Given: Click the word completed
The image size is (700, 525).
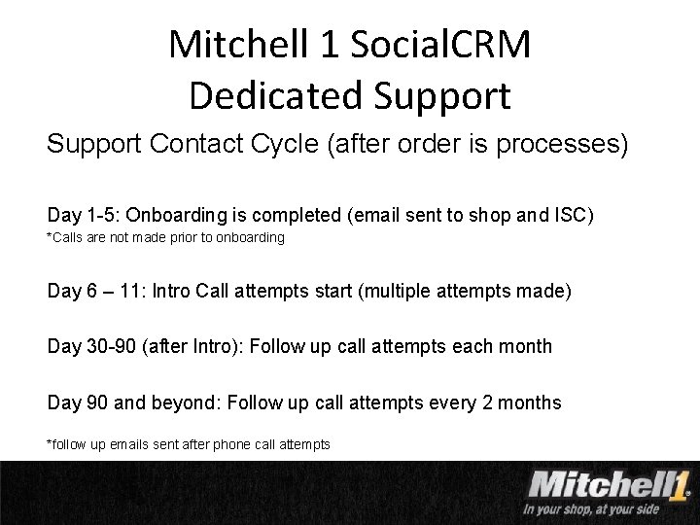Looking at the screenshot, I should pyautogui.click(x=292, y=214).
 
